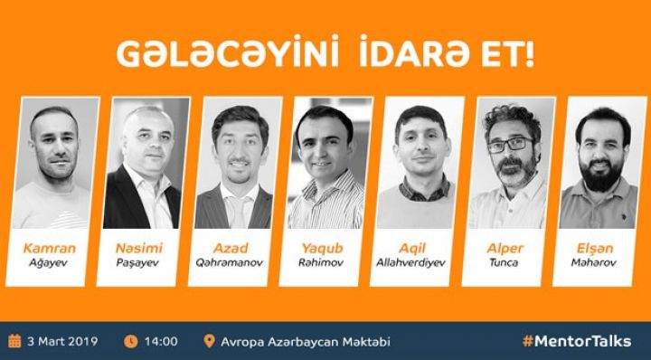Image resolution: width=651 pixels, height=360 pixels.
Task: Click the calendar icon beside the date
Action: (14, 341)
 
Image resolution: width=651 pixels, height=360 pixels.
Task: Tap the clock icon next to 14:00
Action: (130, 341)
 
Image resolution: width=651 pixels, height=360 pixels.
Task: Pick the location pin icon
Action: (210, 341)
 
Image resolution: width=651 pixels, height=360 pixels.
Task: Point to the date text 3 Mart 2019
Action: (63, 341)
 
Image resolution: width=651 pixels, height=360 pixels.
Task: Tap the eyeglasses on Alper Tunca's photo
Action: (510, 144)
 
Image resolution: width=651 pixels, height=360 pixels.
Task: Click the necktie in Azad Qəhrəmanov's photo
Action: (237, 205)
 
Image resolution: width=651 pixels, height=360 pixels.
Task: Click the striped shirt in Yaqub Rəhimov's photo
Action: (327, 206)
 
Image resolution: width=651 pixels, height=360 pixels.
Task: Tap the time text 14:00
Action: (161, 341)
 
